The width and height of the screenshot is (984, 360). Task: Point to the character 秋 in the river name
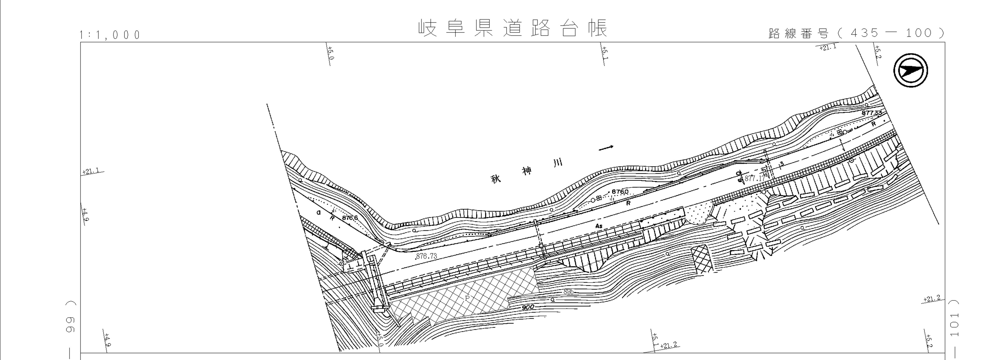click(496, 179)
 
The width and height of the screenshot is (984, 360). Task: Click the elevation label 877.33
click(872, 113)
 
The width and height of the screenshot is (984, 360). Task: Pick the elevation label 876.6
click(350, 218)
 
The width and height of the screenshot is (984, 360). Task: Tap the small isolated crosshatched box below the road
click(701, 259)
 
